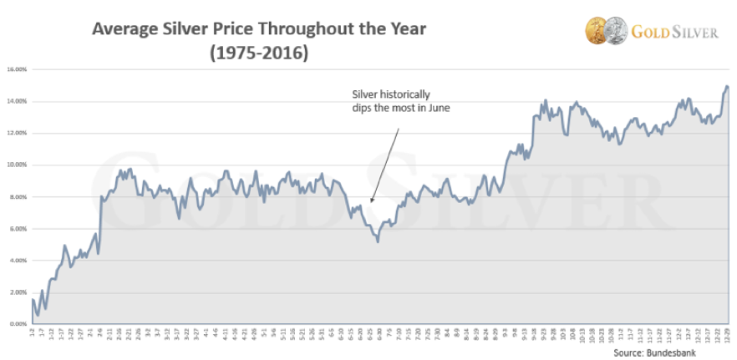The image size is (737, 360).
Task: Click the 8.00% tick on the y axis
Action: [x=17, y=196]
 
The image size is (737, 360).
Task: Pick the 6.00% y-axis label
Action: [x=17, y=228]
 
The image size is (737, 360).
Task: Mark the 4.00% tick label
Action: [x=17, y=260]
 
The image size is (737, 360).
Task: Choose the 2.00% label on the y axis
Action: [x=17, y=292]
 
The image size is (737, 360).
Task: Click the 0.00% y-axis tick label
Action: [x=17, y=323]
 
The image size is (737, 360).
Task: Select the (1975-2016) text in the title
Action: [x=258, y=53]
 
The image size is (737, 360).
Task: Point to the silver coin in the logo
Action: [x=615, y=31]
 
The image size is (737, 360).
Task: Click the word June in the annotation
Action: [x=437, y=108]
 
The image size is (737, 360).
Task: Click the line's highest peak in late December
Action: [x=726, y=86]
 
